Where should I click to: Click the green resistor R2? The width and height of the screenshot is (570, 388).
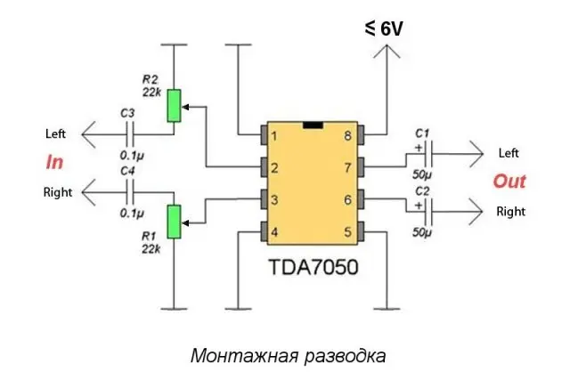pyautogui.click(x=174, y=106)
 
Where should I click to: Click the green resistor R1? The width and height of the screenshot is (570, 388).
pyautogui.click(x=174, y=221)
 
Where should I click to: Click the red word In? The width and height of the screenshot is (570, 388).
pyautogui.click(x=54, y=163)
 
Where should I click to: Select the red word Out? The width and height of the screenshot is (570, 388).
pyautogui.click(x=509, y=182)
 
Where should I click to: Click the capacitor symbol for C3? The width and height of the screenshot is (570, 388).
pyautogui.click(x=131, y=135)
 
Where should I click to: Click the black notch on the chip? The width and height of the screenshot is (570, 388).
pyautogui.click(x=312, y=125)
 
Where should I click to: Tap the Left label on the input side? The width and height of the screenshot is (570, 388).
pyautogui.click(x=56, y=133)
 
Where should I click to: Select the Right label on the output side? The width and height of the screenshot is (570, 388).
pyautogui.click(x=510, y=212)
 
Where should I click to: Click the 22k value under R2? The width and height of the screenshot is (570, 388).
pyautogui.click(x=150, y=92)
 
